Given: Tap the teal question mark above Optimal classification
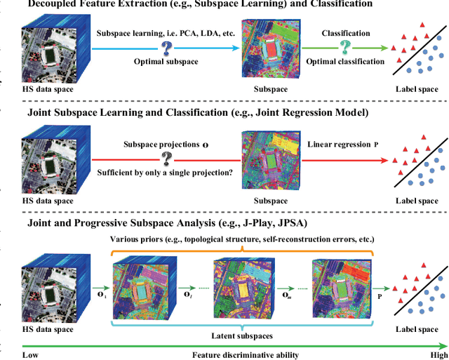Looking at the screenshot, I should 344,46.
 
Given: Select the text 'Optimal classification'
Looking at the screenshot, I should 344,62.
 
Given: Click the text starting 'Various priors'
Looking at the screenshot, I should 243,239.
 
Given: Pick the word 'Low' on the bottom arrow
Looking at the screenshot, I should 30,354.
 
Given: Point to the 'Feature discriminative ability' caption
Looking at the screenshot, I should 245,354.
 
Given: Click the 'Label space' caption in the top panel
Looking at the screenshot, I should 417,89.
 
